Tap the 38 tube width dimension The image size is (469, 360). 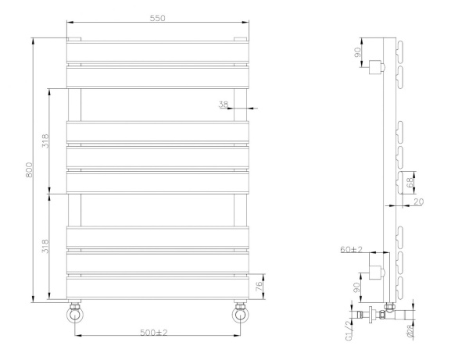tap(223, 103)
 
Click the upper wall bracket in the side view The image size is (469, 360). tap(378, 66)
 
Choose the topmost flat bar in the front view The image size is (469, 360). tap(158, 52)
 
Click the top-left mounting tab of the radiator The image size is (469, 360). tap(74, 38)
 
